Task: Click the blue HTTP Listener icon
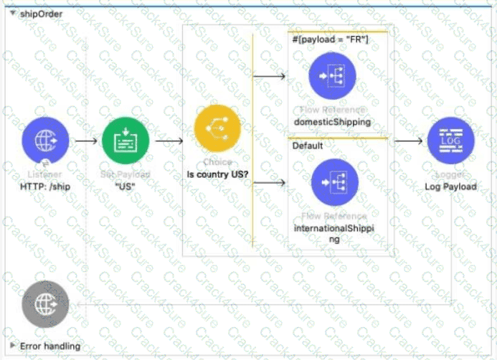pyautogui.click(x=46, y=141)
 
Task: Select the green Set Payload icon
pyautogui.click(x=126, y=141)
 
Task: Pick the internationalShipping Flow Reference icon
pyautogui.click(x=334, y=181)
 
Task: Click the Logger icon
pyautogui.click(x=450, y=141)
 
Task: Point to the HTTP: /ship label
pyautogui.click(x=46, y=187)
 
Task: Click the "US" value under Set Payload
pyautogui.click(x=126, y=187)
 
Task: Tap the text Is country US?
pyautogui.click(x=217, y=174)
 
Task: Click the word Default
pyautogui.click(x=307, y=146)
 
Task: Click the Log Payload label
pyautogui.click(x=450, y=187)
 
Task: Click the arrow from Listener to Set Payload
pyautogui.click(x=85, y=141)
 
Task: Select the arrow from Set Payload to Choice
pyautogui.click(x=168, y=141)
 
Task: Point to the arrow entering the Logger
pyautogui.click(x=409, y=141)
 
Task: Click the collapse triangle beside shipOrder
pyautogui.click(x=6, y=13)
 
